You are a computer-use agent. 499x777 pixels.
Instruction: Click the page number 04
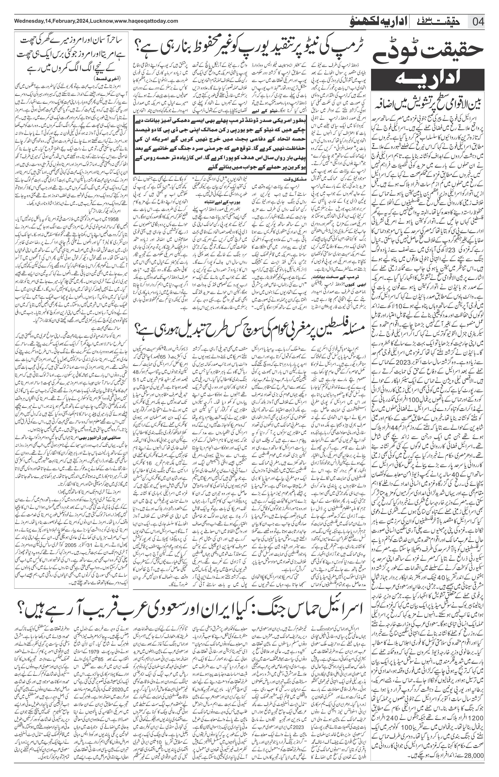478,23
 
